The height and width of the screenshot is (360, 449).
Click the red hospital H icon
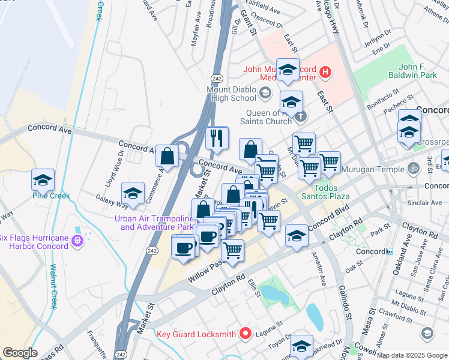pyautogui.click(x=325, y=73)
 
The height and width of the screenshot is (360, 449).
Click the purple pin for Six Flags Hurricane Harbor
pyautogui.click(x=76, y=241)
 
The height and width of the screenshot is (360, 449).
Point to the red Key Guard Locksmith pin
pyautogui.click(x=245, y=334)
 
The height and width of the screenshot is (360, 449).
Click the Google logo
pyautogui.click(x=20, y=353)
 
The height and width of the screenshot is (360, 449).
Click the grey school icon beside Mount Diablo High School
pyautogui.click(x=265, y=93)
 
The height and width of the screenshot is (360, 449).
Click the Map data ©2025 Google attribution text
pyautogui.click(x=412, y=355)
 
